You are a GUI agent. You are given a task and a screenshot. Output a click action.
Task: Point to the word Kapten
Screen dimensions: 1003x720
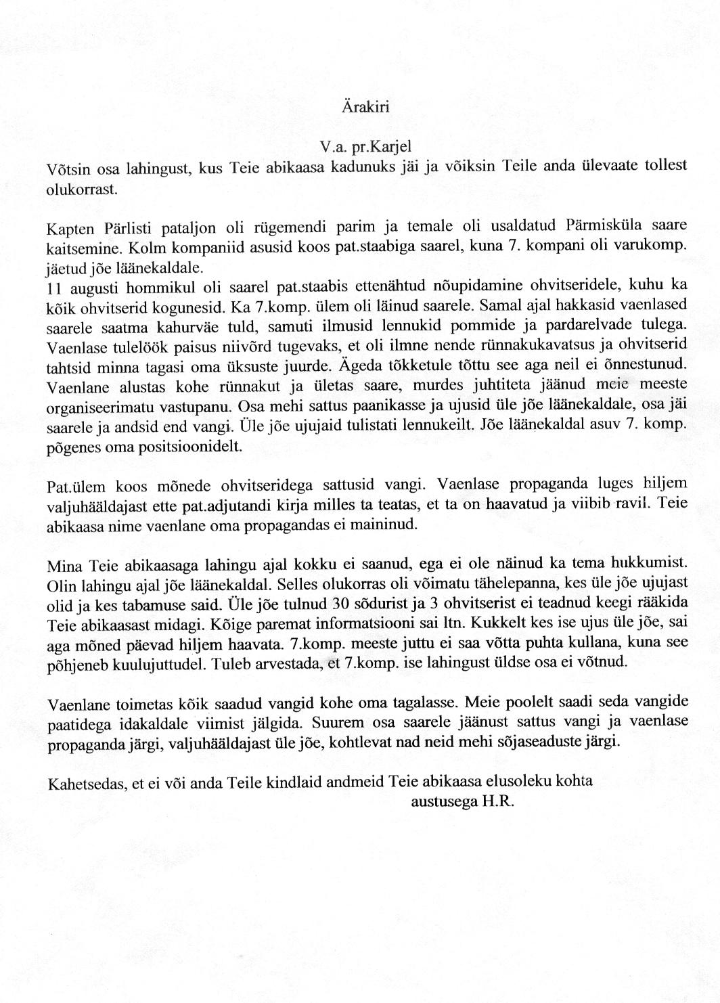point(71,227)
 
